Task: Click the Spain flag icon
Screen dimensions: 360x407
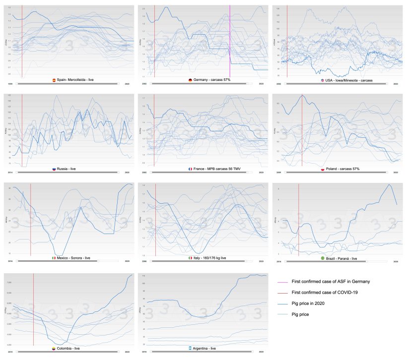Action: (54, 80)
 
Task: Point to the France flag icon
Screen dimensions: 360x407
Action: (190, 169)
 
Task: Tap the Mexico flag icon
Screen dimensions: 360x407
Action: (53, 258)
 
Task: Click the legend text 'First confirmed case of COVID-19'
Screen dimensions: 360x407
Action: (325, 293)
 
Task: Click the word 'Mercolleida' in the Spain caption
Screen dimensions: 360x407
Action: (75, 80)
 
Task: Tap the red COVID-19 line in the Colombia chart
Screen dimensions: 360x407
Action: (33, 307)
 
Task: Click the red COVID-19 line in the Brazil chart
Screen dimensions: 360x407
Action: (299, 218)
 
